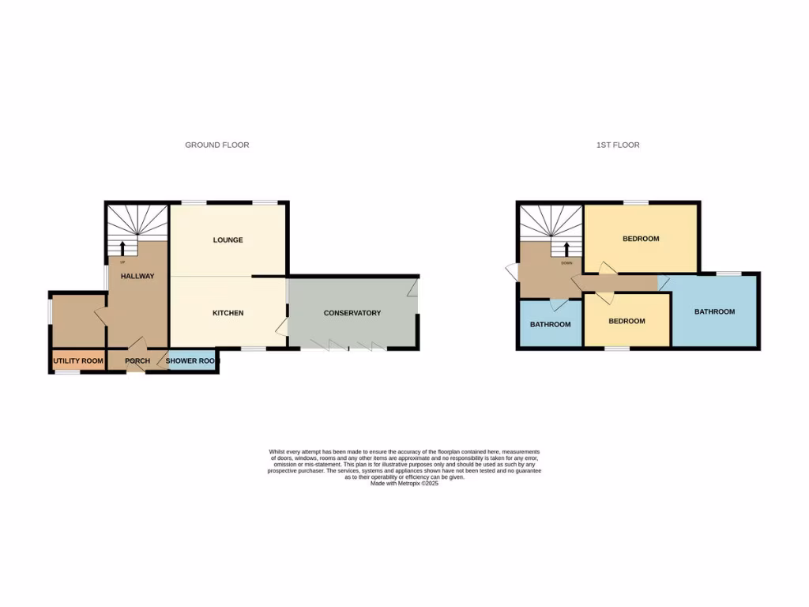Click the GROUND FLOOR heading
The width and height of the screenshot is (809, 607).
pos(217,145)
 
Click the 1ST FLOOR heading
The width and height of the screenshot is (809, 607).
pos(618,145)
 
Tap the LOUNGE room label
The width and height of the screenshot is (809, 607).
pos(228,240)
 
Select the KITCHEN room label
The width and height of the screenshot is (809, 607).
pos(228,313)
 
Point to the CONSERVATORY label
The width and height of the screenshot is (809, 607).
pos(352,313)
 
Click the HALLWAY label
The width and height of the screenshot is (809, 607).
pos(137,277)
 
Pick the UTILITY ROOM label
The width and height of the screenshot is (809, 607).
pos(78,361)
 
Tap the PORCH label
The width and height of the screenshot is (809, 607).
pos(137,361)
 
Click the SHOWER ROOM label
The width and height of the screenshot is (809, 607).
pos(190,361)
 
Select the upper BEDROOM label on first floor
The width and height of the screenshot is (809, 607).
pos(641,239)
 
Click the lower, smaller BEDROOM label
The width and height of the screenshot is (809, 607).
pos(627,322)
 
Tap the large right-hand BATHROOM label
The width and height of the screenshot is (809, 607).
pos(714,311)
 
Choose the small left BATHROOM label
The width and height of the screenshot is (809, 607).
pos(550,325)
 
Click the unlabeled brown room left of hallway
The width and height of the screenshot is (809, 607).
pos(77,320)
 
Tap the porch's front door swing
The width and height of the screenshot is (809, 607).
pos(138,344)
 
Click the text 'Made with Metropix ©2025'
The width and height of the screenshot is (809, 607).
pos(404,484)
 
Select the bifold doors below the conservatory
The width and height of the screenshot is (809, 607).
pos(348,346)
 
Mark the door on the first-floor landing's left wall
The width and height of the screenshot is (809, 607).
pos(511,272)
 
